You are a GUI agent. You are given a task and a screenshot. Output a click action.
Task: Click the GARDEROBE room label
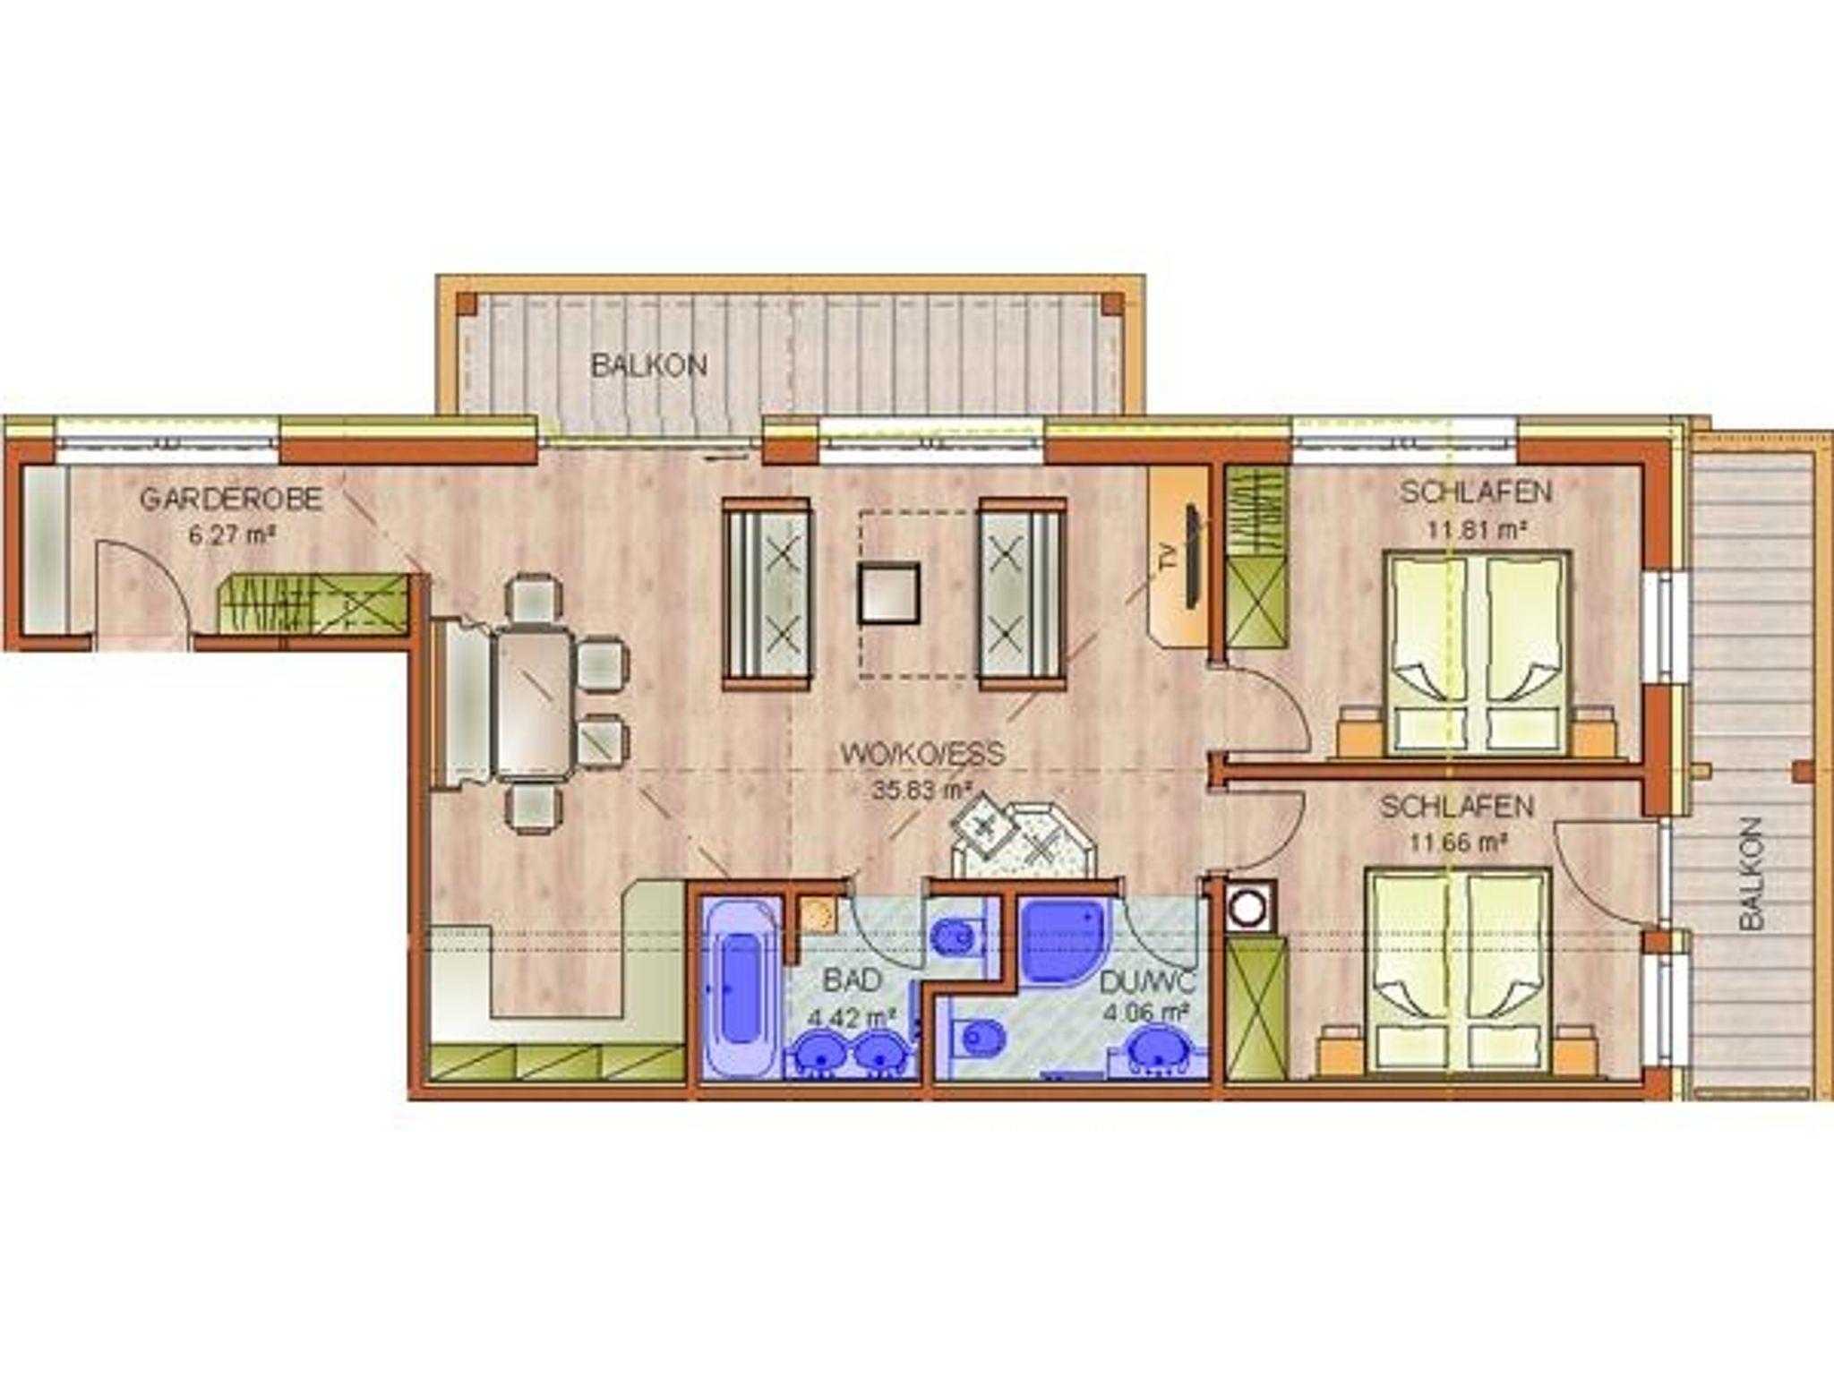(231, 499)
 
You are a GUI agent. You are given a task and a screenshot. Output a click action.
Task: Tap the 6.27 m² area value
(230, 536)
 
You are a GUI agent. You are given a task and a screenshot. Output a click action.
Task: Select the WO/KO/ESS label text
(922, 754)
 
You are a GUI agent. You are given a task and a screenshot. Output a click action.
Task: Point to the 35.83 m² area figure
(922, 791)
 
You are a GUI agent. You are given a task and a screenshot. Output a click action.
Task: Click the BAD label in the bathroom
(853, 980)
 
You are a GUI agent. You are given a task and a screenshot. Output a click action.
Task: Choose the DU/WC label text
(1147, 982)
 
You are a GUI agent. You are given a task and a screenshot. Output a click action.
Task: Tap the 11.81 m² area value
(1477, 528)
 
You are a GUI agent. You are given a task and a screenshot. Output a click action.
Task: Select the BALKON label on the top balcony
(649, 365)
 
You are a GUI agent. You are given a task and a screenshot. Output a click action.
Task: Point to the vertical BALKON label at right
(1752, 873)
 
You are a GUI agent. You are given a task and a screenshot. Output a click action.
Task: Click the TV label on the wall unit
(1168, 560)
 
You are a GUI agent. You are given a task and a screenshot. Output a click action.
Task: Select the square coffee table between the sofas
(888, 593)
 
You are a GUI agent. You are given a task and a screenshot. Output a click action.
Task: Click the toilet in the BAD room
(955, 938)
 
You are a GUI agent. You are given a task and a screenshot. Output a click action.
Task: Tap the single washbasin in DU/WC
(1161, 1049)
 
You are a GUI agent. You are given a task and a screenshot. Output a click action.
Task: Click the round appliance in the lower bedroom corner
(1248, 907)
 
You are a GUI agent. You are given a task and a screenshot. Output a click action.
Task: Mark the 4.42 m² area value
(853, 1018)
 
